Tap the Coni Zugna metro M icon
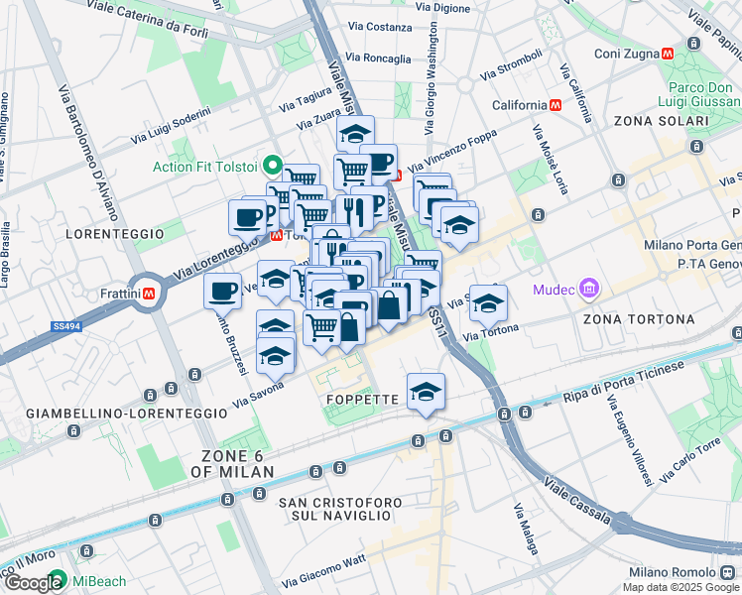point(670,53)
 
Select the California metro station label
point(519,105)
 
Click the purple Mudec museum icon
point(590,290)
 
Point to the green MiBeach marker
point(58,578)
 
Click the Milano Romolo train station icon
point(731,573)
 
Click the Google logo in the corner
point(33,582)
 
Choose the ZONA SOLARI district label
point(660,121)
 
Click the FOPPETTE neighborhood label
point(363,399)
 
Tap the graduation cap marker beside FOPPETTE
point(426,391)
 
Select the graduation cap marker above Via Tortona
point(487,302)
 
